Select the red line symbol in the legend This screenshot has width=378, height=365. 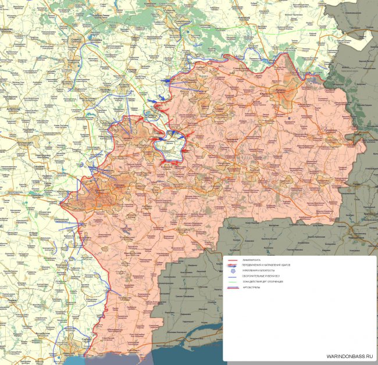pos(232,259)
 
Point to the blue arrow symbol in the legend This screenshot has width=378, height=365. pos(232,264)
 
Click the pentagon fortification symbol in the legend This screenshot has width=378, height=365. pos(232,271)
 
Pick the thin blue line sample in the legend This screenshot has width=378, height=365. pos(232,276)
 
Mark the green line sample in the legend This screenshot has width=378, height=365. pos(232,281)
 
